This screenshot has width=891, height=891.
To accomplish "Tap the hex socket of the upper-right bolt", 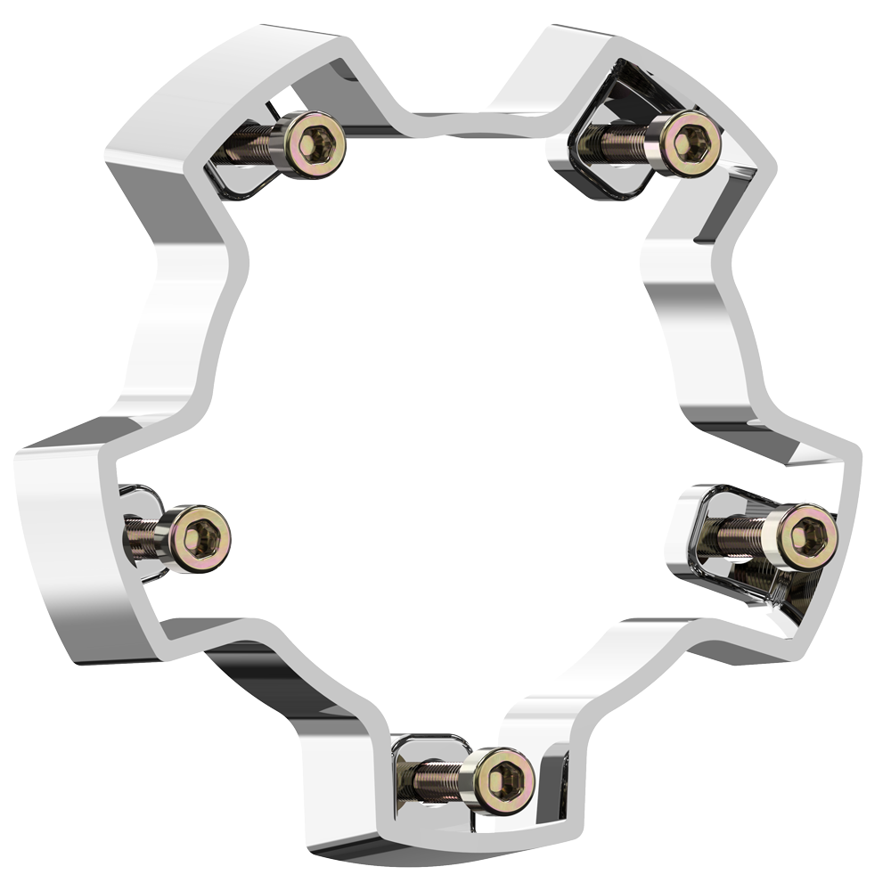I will [692, 142].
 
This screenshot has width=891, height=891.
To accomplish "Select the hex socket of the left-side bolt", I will [201, 538].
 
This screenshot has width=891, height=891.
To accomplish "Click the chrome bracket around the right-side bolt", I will [704, 570].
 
